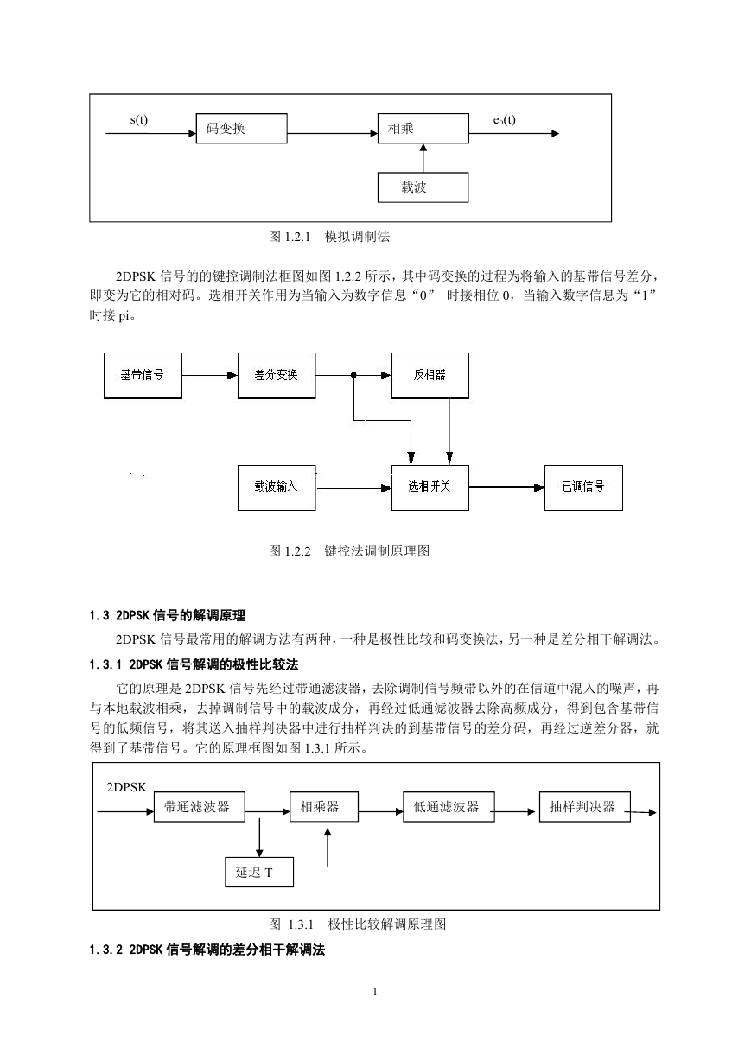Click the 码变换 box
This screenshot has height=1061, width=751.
pyautogui.click(x=242, y=129)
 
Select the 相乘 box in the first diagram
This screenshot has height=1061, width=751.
pyautogui.click(x=423, y=129)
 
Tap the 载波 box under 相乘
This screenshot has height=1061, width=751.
pyautogui.click(x=423, y=187)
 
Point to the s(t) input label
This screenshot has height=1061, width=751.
pyautogui.click(x=139, y=120)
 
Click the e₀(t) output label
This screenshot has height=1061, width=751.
pyautogui.click(x=504, y=120)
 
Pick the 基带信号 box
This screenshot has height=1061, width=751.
pyautogui.click(x=143, y=376)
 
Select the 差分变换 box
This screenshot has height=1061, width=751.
pyautogui.click(x=277, y=376)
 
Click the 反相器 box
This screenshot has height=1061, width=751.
pyautogui.click(x=430, y=376)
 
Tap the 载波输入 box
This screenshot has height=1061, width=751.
pyautogui.click(x=277, y=487)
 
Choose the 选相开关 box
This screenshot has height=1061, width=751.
pyautogui.click(x=430, y=487)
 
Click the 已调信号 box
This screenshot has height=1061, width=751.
pyautogui.click(x=583, y=487)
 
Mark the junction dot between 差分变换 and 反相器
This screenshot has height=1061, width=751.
pyautogui.click(x=353, y=375)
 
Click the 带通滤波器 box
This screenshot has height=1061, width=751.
pyautogui.click(x=200, y=807)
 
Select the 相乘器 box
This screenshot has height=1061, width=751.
pyautogui.click(x=324, y=807)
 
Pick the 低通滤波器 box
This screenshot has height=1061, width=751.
pyautogui.click(x=449, y=807)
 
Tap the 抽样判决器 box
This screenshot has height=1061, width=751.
pyautogui.click(x=585, y=807)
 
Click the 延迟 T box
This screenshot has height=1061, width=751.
pyautogui.click(x=259, y=872)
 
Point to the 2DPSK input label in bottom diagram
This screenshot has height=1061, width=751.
pyautogui.click(x=126, y=787)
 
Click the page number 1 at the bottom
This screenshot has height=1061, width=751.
pyautogui.click(x=375, y=992)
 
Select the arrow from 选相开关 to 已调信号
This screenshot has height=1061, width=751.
pyautogui.click(x=507, y=487)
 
